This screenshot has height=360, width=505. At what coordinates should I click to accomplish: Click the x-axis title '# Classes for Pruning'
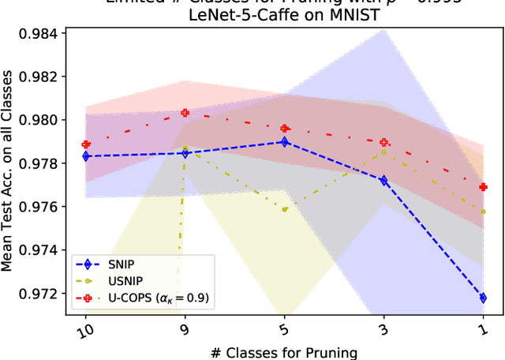point(284,351)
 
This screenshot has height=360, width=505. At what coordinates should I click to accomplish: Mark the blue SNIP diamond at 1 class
point(483,298)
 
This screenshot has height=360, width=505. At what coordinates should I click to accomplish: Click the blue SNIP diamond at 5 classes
point(284,142)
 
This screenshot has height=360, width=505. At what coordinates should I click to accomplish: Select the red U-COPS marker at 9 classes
point(185,113)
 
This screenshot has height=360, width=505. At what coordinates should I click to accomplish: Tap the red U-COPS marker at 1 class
point(483,187)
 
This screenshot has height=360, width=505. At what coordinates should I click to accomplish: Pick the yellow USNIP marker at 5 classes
point(284,209)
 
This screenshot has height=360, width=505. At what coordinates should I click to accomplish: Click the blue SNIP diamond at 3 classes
point(383,181)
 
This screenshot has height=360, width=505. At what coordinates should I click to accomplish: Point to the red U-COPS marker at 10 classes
point(86,144)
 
